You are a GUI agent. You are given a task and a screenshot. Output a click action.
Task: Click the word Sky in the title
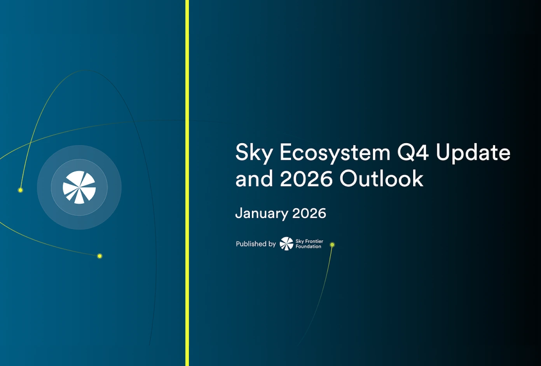(254, 152)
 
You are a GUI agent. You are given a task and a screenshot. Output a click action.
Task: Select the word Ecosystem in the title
(335, 152)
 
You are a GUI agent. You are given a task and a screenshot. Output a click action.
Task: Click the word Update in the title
(473, 152)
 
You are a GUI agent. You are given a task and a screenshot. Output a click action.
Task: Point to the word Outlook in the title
(381, 179)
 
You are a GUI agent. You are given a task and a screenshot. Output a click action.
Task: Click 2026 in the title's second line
(306, 179)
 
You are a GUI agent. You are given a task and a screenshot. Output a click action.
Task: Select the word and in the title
(254, 179)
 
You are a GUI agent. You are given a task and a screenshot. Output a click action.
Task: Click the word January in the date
(262, 214)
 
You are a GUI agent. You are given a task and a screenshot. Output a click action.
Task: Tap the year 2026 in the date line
(309, 213)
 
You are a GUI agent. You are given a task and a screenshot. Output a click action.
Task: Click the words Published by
(256, 244)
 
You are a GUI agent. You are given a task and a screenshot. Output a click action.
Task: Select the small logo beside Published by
(286, 244)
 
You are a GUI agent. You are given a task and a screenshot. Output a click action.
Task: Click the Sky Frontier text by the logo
(309, 241)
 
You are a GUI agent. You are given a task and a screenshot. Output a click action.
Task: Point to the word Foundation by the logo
(308, 247)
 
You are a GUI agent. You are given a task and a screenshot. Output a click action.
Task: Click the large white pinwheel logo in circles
(79, 187)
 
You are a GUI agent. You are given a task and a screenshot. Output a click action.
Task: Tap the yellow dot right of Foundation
(332, 245)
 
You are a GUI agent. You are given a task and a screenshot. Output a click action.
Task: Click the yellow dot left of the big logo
(21, 190)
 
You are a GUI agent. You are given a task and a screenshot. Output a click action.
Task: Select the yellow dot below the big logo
(100, 256)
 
